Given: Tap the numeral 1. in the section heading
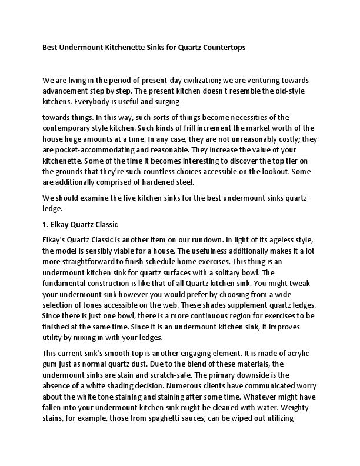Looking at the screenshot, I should coord(46,224).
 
